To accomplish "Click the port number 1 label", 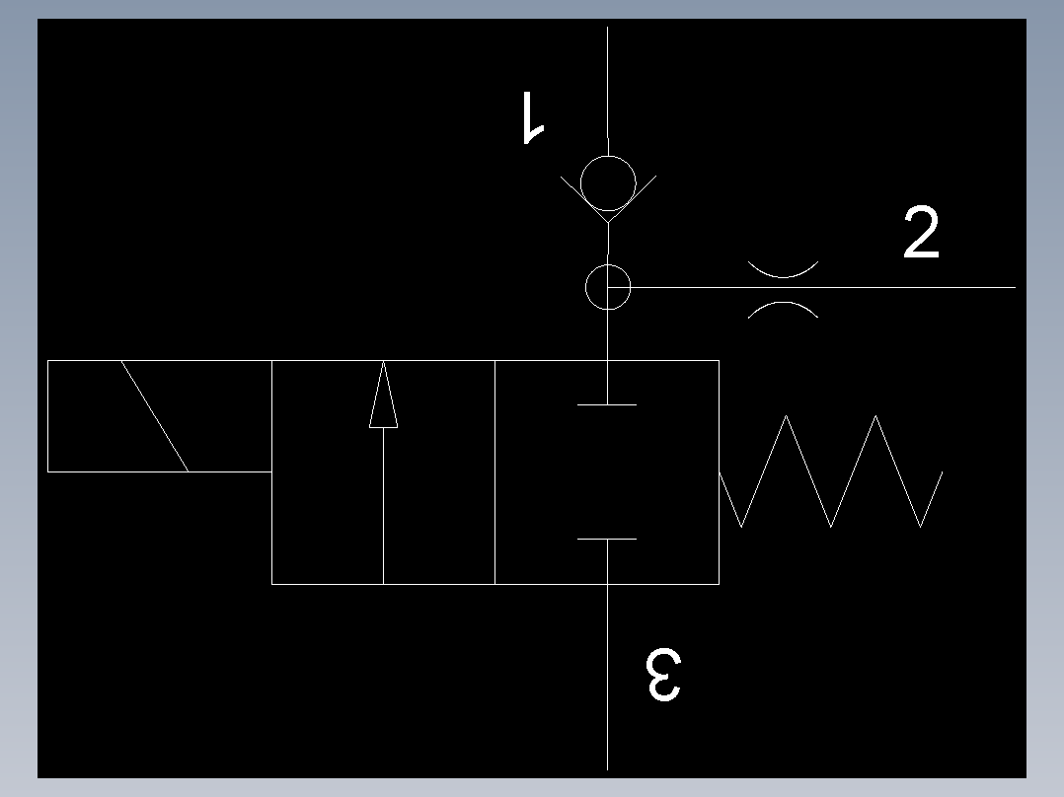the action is [533, 117].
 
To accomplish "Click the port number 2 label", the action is [922, 233].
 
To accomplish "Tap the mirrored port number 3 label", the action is [663, 675].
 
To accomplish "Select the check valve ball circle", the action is [608, 157].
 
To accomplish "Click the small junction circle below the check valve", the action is [608, 265].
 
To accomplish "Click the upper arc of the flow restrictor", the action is [783, 277].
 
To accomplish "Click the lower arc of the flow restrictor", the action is [783, 303].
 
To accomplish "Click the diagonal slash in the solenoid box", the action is [155, 416].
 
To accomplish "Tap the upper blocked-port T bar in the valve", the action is [607, 405].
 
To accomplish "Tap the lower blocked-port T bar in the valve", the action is [607, 540].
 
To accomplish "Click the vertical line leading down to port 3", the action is [607, 677].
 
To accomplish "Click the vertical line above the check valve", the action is [607, 92].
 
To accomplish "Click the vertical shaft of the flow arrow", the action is [383, 505].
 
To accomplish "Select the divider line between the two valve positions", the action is [494, 472].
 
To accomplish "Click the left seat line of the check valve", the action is [584, 198].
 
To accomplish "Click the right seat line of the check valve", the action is [633, 198].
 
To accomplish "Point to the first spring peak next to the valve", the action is [786, 416].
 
